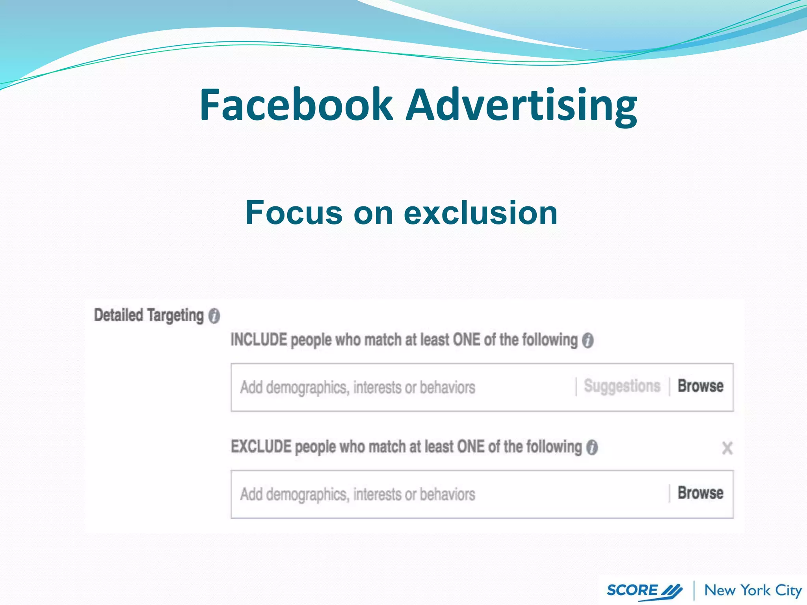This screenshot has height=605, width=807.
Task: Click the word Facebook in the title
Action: (x=296, y=105)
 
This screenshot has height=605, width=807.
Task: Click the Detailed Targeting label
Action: (x=149, y=315)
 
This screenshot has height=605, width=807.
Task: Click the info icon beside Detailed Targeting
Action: (x=214, y=316)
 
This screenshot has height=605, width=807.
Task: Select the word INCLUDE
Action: (x=258, y=340)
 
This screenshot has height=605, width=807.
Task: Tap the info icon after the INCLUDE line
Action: (x=588, y=340)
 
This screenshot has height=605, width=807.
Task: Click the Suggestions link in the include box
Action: (x=622, y=386)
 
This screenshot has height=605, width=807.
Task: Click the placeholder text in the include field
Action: (x=357, y=388)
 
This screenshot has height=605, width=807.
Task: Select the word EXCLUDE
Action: (x=261, y=447)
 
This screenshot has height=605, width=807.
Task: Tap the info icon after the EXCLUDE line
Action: (x=592, y=447)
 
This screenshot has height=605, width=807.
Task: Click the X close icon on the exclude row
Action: (x=727, y=448)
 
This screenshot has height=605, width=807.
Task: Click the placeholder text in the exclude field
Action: (x=357, y=494)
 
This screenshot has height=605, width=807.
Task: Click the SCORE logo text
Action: (x=632, y=590)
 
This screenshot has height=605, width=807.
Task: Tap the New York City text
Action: (x=753, y=590)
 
